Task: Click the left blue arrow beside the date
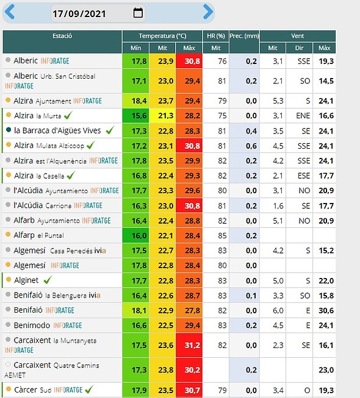click(x=10, y=12)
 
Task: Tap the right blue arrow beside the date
click(x=208, y=12)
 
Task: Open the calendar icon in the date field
click(x=138, y=13)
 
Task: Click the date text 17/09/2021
click(x=79, y=13)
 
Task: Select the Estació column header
click(x=62, y=36)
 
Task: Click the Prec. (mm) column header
click(x=244, y=36)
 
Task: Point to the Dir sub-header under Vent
click(x=299, y=48)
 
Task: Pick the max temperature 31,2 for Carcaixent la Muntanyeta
click(x=192, y=345)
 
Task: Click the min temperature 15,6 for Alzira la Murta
click(x=139, y=116)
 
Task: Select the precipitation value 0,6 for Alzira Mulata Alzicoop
click(x=251, y=146)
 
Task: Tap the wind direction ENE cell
click(x=303, y=116)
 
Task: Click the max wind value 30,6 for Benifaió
click(x=326, y=310)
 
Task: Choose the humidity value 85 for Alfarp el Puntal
click(x=222, y=235)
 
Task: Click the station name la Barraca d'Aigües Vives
click(x=57, y=130)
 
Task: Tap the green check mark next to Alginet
click(x=48, y=280)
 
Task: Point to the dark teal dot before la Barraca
click(x=9, y=130)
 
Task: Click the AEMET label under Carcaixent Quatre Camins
click(x=15, y=375)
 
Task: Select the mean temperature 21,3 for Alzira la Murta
click(x=165, y=116)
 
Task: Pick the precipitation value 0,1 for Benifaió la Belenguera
click(x=251, y=296)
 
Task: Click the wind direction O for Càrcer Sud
click(x=307, y=391)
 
